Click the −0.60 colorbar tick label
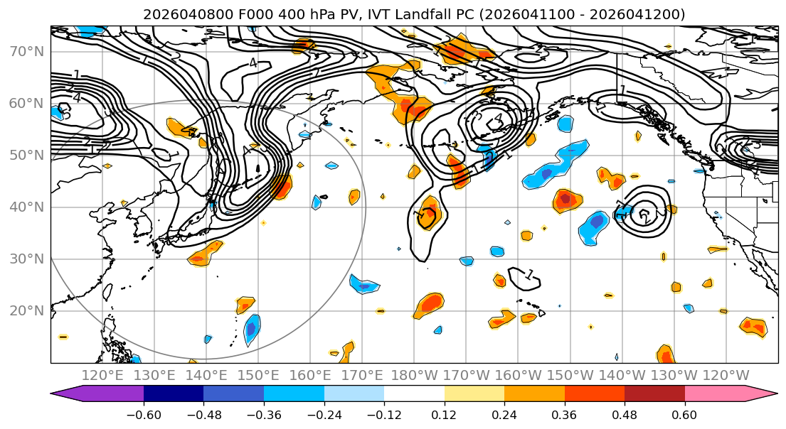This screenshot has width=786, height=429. [x=144, y=413]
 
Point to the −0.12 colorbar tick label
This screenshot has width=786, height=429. [x=384, y=413]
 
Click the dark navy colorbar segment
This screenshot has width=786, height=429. [x=174, y=394]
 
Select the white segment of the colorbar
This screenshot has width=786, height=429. [x=414, y=394]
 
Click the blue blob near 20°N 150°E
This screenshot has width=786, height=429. [x=252, y=330]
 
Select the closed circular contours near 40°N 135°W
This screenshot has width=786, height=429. [x=644, y=212]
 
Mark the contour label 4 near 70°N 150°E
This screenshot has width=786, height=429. [x=253, y=63]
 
